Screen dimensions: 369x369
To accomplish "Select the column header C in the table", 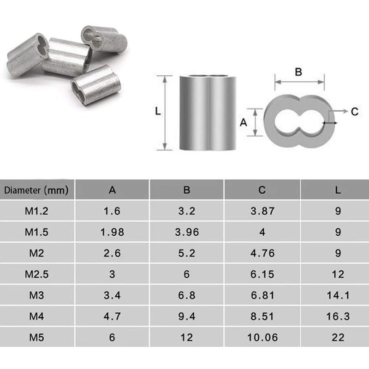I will click(x=262, y=190).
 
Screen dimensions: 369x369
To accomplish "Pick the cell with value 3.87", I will click(x=262, y=211).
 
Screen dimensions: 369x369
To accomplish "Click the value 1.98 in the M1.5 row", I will click(x=112, y=232).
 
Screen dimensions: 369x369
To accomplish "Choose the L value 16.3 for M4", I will click(x=338, y=316).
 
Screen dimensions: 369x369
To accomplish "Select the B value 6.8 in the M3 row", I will click(x=187, y=295).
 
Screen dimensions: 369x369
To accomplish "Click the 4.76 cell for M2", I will click(x=262, y=253).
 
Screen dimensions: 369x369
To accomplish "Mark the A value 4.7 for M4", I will click(x=112, y=316).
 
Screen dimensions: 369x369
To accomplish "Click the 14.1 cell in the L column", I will click(x=338, y=295).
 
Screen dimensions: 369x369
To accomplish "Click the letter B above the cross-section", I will click(x=298, y=72).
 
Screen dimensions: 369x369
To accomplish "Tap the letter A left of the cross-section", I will click(x=244, y=122).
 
